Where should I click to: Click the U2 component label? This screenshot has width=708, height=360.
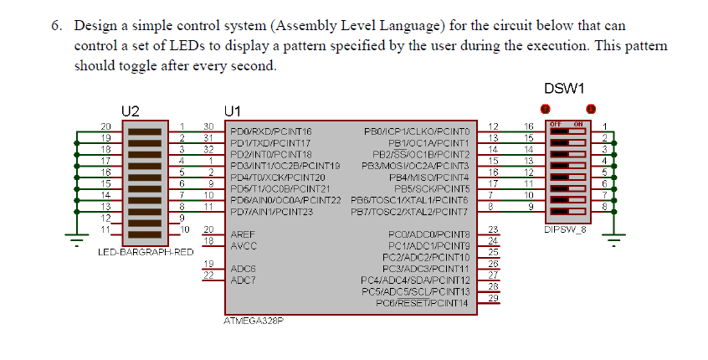point(130,110)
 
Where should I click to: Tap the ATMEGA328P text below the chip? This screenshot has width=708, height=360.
point(253,320)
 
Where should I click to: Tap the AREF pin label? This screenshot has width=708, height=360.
point(242,234)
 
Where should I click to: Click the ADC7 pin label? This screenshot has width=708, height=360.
point(242,280)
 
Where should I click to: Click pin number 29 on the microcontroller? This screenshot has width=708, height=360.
point(493,298)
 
